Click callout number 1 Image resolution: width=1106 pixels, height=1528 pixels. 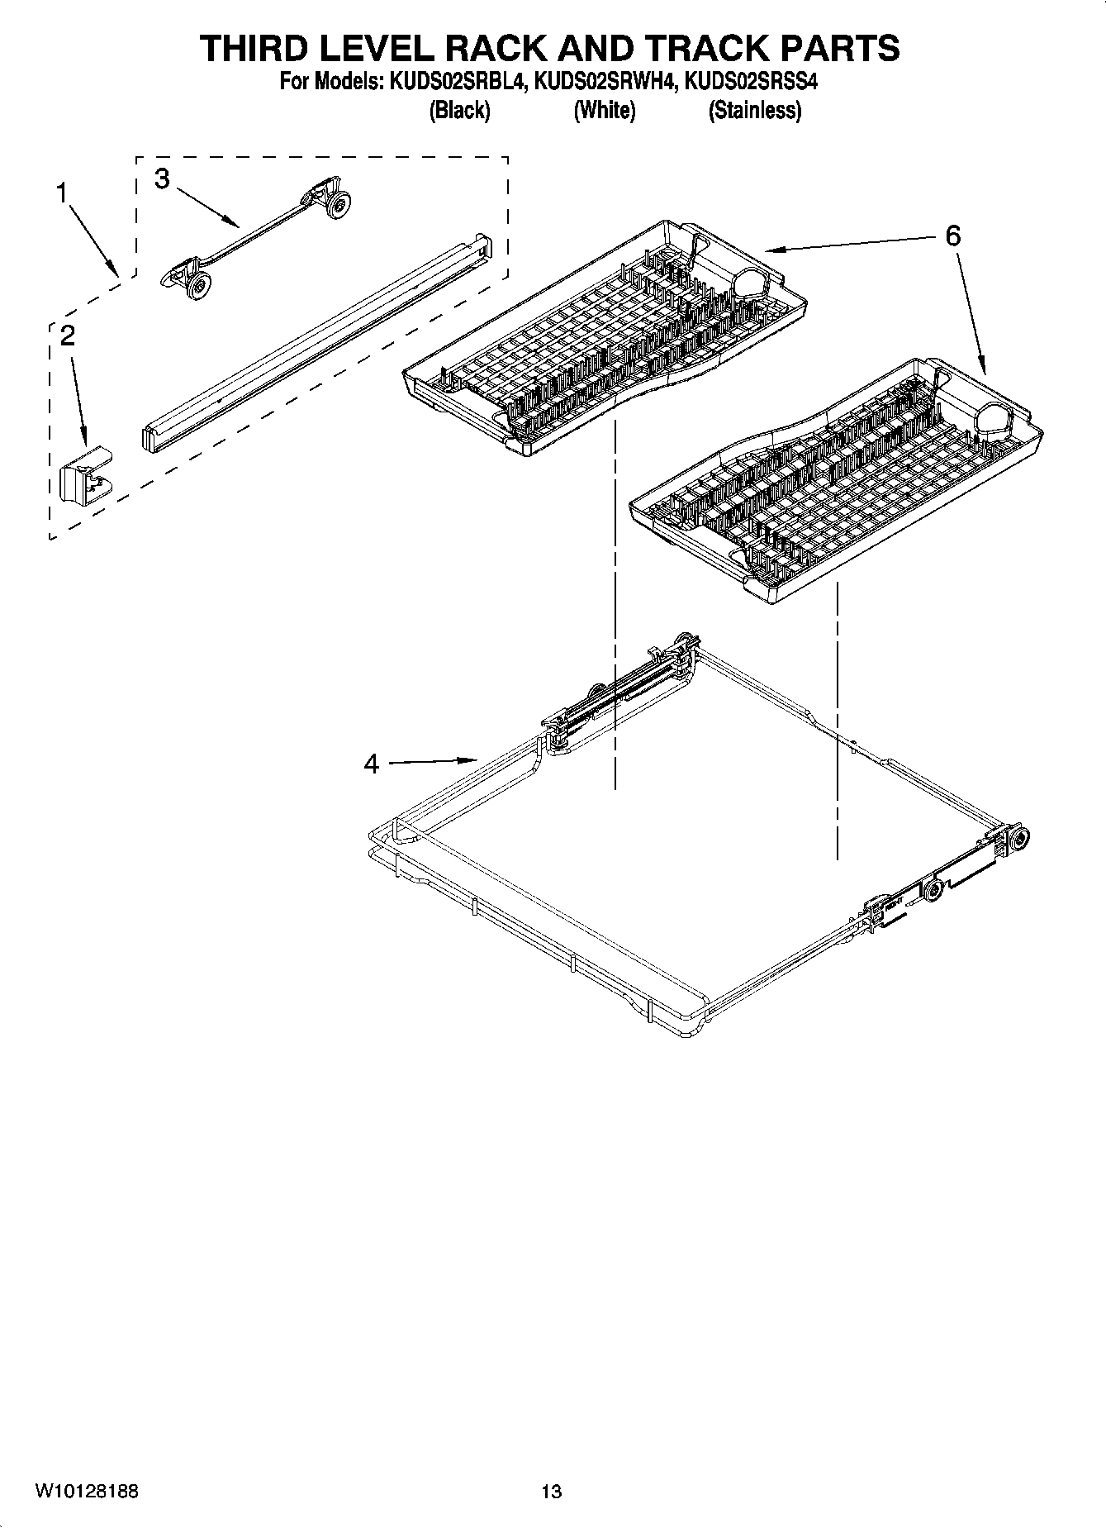pos(60,193)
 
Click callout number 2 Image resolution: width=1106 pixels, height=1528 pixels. pos(68,335)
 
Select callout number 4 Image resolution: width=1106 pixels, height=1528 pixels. pos(372,764)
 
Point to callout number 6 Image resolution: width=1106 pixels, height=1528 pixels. pos(952,236)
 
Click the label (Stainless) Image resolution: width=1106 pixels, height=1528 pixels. pos(754,110)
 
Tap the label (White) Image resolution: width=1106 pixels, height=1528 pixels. pos(605,110)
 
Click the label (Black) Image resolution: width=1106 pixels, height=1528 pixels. pos(459,110)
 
